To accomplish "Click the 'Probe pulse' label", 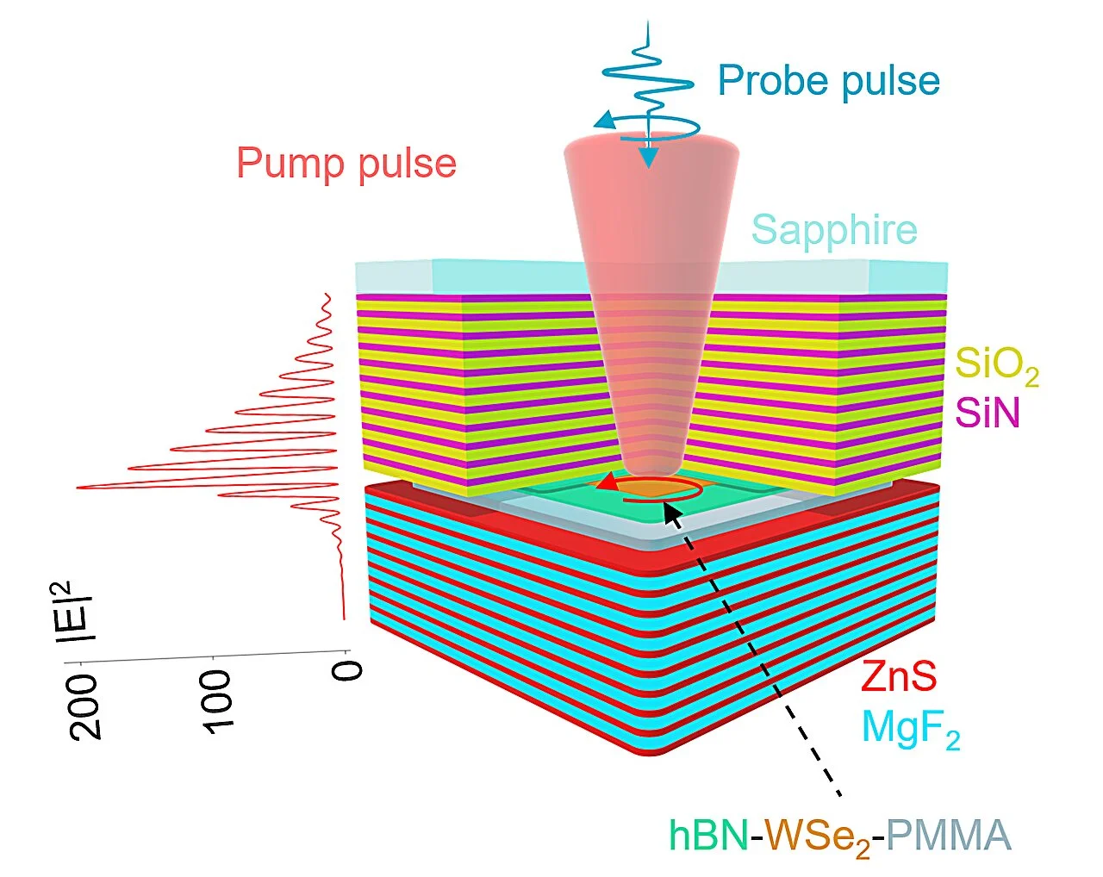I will tap(828, 81).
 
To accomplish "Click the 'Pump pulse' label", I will tap(346, 163).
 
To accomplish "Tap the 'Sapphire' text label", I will tap(834, 230).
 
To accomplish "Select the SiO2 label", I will tap(996, 366).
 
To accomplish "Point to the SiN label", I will tap(988, 414).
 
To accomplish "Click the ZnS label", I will tap(899, 677).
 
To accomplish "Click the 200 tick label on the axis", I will tap(86, 706).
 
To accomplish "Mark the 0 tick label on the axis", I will tap(348, 669).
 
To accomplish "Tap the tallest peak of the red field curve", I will tap(79, 488).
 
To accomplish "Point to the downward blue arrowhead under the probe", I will tap(648, 158).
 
